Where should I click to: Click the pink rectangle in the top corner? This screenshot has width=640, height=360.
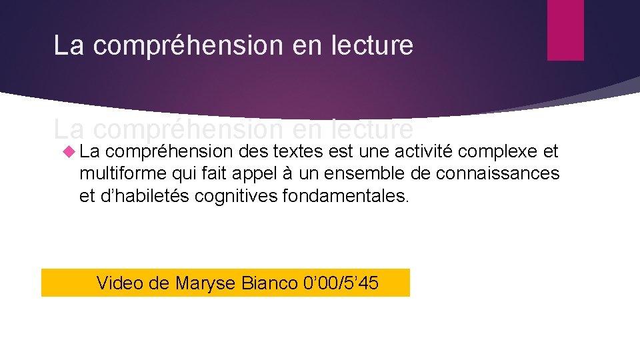coord(565,30)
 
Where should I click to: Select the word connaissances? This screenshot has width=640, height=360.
coord(497,175)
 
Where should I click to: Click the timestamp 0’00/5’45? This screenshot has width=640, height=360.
coord(341,283)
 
